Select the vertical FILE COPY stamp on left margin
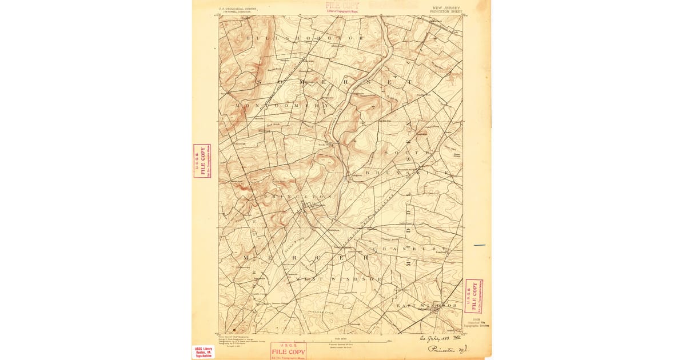click(x=202, y=161)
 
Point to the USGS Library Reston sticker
click(x=204, y=351)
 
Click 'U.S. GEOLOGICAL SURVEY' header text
click(x=238, y=9)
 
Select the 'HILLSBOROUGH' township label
click(x=304, y=38)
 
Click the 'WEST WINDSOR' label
click(x=338, y=279)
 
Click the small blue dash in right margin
click(x=479, y=245)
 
